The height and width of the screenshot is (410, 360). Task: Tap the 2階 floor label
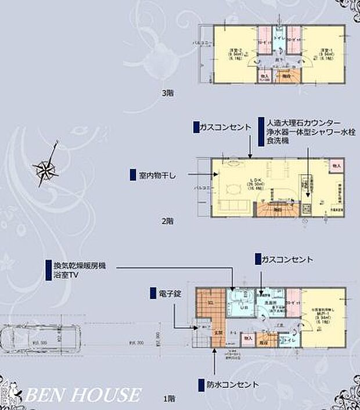point(167,221)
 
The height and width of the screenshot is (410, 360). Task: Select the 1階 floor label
point(167,398)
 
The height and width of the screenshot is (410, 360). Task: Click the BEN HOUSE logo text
point(75,395)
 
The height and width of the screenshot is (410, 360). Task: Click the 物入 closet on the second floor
point(336,166)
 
